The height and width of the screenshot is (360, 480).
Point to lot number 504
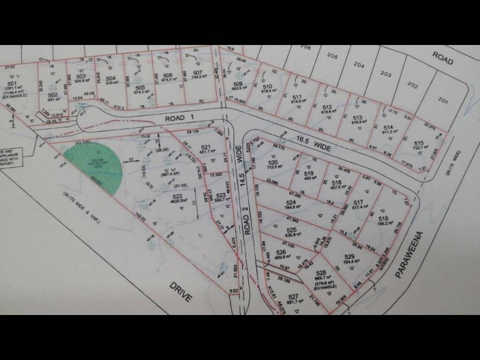pyautogui.click(x=110, y=79)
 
